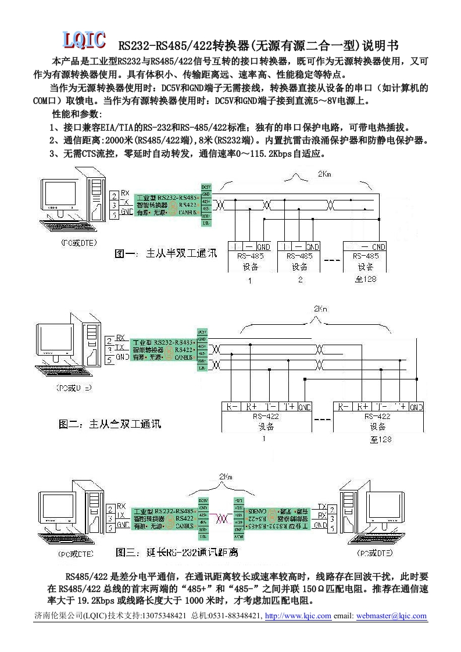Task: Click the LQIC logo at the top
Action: click(x=84, y=40)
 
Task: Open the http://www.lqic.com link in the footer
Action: click(x=298, y=616)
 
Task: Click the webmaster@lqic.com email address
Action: click(x=391, y=616)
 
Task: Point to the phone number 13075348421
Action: click(x=164, y=616)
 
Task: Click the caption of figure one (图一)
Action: click(x=166, y=253)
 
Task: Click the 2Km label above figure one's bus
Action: click(x=326, y=174)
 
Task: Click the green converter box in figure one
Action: click(x=166, y=205)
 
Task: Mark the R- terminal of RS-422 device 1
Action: click(x=230, y=407)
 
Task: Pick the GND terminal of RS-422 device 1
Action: click(x=305, y=407)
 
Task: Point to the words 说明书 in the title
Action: click(x=381, y=45)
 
